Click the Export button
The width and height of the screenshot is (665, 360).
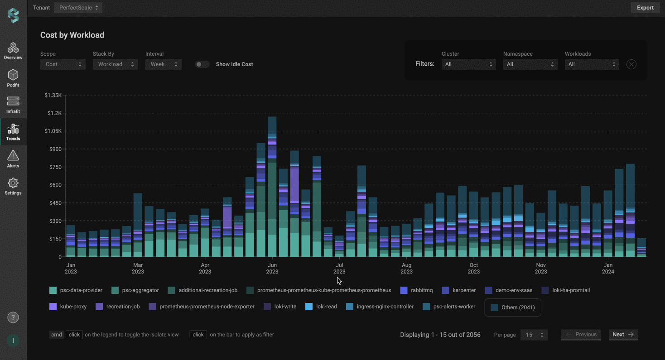click(645, 8)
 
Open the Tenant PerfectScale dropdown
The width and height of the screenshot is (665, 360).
click(78, 8)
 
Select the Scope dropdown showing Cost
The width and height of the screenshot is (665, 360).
click(63, 64)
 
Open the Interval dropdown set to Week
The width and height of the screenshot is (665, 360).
click(163, 64)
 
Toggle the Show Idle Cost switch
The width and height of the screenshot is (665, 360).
click(202, 64)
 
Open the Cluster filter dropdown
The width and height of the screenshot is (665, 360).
click(468, 64)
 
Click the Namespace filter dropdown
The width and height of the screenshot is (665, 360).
click(530, 64)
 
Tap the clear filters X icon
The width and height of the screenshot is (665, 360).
click(631, 64)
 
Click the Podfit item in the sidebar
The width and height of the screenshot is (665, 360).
click(13, 78)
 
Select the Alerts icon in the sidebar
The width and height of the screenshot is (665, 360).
click(13, 159)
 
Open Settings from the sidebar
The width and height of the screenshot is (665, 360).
click(13, 186)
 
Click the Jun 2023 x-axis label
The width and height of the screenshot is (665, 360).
click(272, 268)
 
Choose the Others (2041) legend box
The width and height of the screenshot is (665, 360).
click(513, 307)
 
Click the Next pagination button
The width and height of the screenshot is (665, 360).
click(623, 335)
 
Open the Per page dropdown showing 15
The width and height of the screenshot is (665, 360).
click(534, 335)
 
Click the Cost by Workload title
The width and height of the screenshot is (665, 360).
click(72, 35)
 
